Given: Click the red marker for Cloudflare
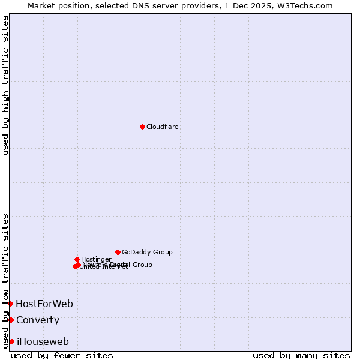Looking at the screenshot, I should tap(142, 127).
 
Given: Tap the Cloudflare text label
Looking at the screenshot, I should tap(163, 127).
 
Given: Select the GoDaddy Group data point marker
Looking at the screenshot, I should tap(118, 252).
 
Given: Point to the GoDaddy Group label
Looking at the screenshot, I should tap(147, 252).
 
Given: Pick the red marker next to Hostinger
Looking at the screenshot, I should tap(77, 259).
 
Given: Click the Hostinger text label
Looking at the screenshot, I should tap(96, 259).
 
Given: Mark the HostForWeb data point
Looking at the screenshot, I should tap(10, 304).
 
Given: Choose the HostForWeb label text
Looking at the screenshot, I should tap(44, 304).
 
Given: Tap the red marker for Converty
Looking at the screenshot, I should tap(11, 320).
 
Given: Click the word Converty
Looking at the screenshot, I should tap(38, 320).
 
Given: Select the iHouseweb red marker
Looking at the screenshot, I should tap(11, 341).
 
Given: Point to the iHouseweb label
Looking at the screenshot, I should tap(43, 341).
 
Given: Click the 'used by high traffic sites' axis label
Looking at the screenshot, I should tap(6, 85).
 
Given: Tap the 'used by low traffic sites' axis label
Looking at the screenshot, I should tap(6, 280).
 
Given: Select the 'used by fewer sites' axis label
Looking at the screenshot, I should tap(62, 355).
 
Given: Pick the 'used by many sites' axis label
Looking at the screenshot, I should tap(301, 355).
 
